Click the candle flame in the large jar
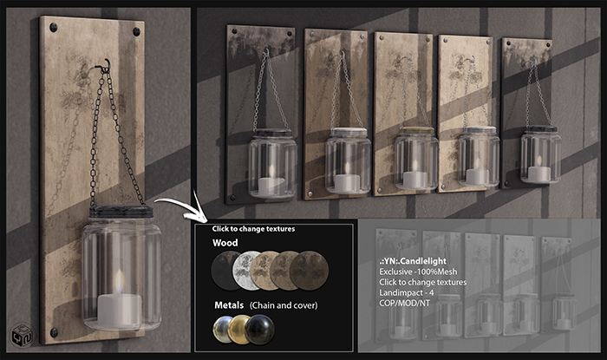tap(120, 282)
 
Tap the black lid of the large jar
tap(121, 212)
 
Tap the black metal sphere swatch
tap(259, 330)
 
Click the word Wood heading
tap(225, 243)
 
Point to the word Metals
tap(229, 305)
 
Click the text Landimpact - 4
tap(406, 292)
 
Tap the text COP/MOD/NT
tap(404, 303)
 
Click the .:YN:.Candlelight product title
tap(413, 261)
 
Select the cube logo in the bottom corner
tap(23, 334)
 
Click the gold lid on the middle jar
tap(417, 130)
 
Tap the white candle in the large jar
tap(120, 311)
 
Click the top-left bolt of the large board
tap(53, 27)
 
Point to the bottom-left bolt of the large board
tap(54, 332)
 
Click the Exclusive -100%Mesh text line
tap(418, 272)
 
